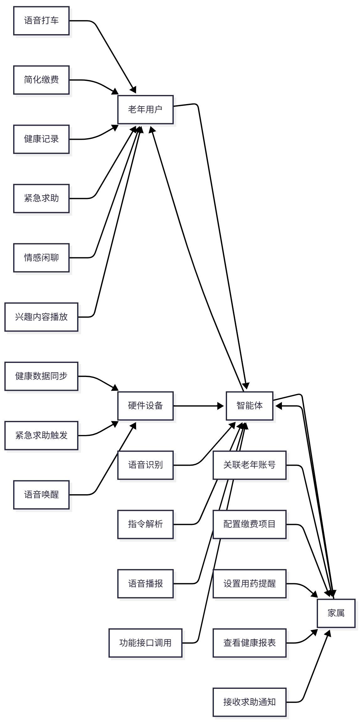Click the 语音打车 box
41,21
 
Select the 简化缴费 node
41,80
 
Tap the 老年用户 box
145,109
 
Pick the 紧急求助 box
41,198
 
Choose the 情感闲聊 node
41,258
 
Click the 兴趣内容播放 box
41,317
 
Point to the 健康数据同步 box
41,376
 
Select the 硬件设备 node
145,406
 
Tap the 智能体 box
249,406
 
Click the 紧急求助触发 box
41,435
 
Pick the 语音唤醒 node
41,495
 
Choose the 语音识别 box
145,465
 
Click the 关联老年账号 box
249,465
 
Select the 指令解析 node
145,524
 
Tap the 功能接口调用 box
145,643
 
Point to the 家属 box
336,613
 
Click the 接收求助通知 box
249,702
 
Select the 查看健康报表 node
249,643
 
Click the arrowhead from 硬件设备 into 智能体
221,406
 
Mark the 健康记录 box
41,139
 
